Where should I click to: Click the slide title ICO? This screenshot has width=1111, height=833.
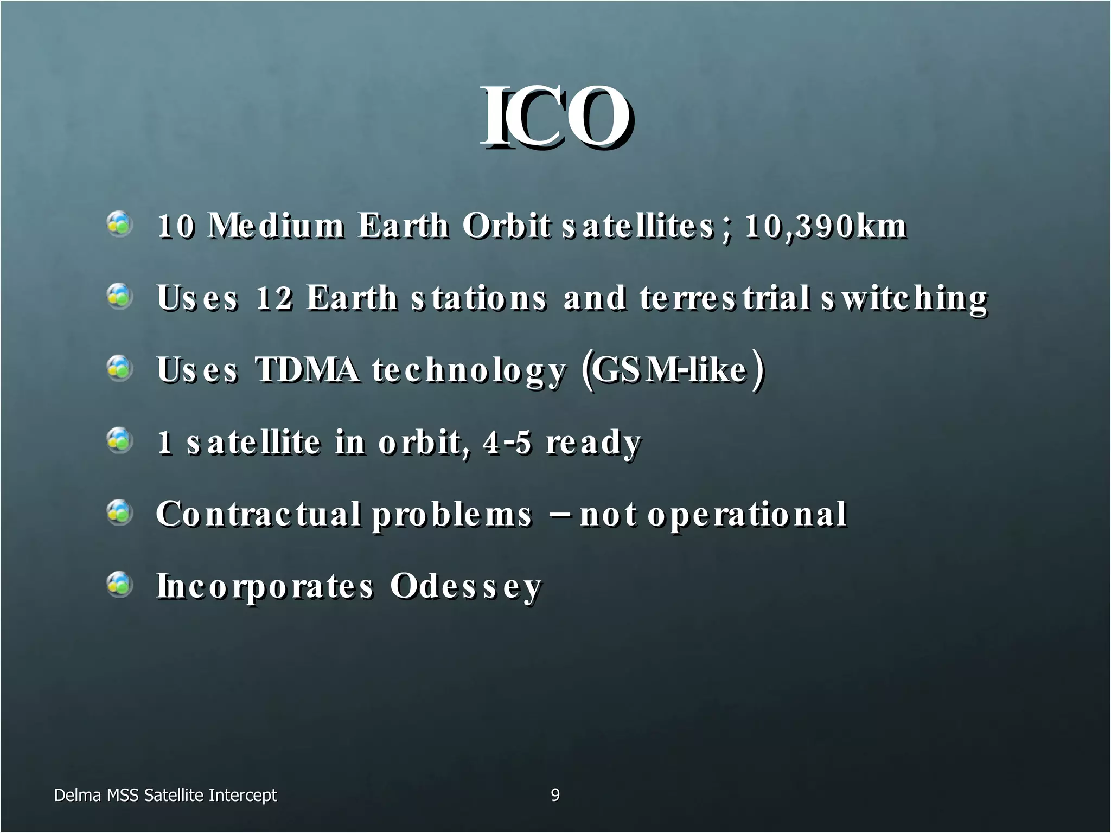[555, 118]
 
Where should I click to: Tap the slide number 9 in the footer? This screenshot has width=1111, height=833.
[555, 795]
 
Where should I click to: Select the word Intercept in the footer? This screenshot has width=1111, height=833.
[242, 796]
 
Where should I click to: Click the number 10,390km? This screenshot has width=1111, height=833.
[825, 226]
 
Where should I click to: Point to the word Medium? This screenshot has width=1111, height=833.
[277, 226]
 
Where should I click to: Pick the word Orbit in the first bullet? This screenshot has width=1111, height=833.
[506, 226]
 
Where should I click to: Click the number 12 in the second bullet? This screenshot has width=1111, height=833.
[274, 298]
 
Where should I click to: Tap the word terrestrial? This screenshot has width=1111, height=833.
[725, 298]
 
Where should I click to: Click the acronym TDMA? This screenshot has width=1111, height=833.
[307, 370]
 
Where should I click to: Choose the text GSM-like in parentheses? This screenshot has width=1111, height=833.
[668, 370]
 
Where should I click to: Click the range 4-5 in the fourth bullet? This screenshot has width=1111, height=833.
[507, 442]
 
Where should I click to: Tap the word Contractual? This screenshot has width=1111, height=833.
[258, 514]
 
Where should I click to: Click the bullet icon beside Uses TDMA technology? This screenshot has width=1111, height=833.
[119, 368]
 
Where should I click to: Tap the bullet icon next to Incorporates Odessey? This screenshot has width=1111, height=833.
[119, 585]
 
